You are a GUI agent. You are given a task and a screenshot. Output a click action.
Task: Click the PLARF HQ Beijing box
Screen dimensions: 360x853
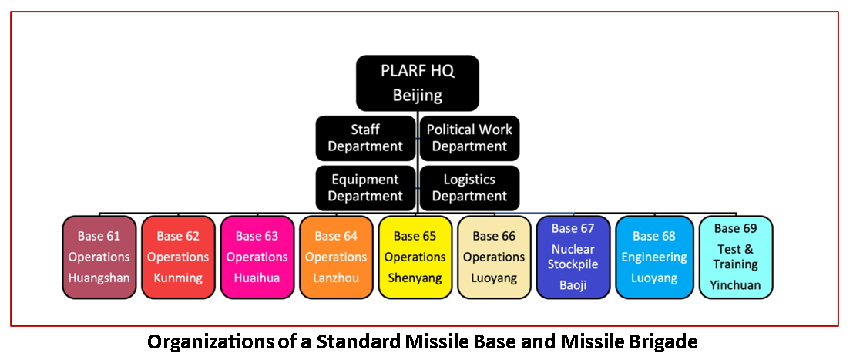(x=418, y=83)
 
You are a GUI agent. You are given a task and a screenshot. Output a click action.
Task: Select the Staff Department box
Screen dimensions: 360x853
(x=366, y=138)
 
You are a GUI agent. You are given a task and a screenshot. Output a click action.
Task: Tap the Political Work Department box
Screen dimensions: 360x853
(x=469, y=138)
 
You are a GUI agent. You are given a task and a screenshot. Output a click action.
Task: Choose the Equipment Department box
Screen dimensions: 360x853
(x=366, y=187)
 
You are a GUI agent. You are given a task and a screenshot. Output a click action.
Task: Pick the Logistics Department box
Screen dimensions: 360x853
(x=469, y=187)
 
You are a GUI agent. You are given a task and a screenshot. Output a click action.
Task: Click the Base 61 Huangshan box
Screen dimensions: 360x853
(x=99, y=257)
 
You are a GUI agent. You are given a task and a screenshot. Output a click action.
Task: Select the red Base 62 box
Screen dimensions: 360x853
(x=178, y=257)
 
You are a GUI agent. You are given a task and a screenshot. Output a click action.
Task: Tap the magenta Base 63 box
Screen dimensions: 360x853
(x=257, y=257)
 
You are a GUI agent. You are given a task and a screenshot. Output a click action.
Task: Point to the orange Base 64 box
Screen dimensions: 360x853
(x=336, y=257)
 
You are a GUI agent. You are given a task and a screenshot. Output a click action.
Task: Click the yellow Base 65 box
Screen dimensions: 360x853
(x=415, y=257)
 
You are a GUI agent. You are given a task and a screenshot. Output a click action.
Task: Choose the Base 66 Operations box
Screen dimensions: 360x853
(x=494, y=257)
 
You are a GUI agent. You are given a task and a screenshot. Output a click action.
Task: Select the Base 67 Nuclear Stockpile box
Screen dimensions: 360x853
(x=573, y=257)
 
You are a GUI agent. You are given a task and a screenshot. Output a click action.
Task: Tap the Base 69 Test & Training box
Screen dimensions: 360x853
(x=735, y=257)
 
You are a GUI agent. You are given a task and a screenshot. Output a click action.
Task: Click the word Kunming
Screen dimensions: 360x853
(x=178, y=278)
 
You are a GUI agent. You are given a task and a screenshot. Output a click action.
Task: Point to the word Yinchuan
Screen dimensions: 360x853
(x=735, y=284)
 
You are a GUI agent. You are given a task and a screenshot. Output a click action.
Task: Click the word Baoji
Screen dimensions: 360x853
(x=573, y=284)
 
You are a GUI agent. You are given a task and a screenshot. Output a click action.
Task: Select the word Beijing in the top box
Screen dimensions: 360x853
(x=418, y=96)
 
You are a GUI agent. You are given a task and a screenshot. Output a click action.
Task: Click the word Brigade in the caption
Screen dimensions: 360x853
(x=669, y=341)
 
